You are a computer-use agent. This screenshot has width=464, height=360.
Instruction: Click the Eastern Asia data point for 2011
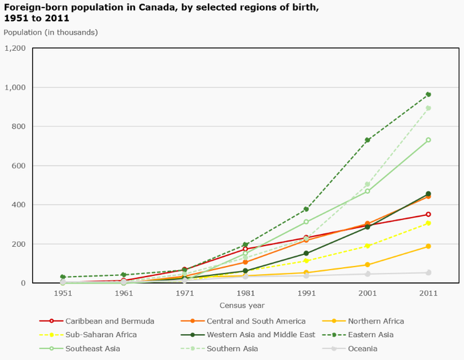pos(428,95)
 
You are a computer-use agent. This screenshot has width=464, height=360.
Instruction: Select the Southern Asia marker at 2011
pos(428,108)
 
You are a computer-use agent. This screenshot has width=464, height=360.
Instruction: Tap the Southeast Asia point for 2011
pos(428,140)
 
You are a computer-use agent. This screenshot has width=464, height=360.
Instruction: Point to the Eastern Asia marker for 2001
pos(367,140)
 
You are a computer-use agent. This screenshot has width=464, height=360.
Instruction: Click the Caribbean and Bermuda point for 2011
pos(428,215)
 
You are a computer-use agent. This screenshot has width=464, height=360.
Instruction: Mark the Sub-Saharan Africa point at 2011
pos(428,223)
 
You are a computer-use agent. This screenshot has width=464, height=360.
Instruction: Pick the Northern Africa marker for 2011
pos(428,246)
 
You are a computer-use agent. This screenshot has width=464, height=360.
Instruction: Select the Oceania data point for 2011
pos(428,273)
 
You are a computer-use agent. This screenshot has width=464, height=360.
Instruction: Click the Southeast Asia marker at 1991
pos(306,221)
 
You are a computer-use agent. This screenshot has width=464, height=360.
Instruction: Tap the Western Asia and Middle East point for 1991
pos(306,253)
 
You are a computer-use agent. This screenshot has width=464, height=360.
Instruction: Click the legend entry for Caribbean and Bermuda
pos(110,321)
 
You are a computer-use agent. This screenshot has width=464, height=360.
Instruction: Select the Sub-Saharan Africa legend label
pos(101,335)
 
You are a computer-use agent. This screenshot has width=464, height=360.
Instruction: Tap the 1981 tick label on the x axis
pos(246,293)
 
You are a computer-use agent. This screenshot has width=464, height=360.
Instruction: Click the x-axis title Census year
pos(242,305)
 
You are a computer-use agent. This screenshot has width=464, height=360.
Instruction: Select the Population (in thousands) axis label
pos(51,32)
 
